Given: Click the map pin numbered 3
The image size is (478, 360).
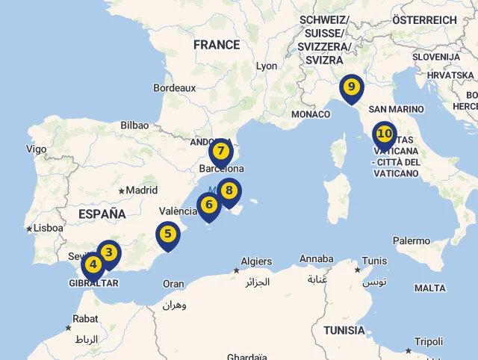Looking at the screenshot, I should tap(108, 252).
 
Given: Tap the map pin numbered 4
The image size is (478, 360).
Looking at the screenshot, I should tap(93, 264).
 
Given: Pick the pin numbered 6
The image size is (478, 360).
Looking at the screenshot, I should tap(208, 204).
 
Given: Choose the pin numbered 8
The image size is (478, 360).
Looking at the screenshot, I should tap(229, 191).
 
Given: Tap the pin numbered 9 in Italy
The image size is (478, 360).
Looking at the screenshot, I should tap(350, 87).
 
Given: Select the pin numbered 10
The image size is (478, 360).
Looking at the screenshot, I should tap(384, 135).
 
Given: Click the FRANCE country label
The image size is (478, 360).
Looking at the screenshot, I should tap(217, 45).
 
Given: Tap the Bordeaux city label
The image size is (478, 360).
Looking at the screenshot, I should tap(174, 87).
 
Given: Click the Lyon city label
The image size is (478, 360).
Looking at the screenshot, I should tap(267, 66).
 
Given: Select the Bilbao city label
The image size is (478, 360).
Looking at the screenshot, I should tap(134, 125).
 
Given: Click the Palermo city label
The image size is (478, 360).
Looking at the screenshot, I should tap(412, 240).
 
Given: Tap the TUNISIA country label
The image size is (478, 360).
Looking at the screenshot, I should tap(344, 330).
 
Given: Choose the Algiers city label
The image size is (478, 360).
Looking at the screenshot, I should tap(257, 261).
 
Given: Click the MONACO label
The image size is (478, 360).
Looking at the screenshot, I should tap(311, 114).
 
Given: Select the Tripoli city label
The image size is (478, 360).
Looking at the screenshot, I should tap(429, 341).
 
